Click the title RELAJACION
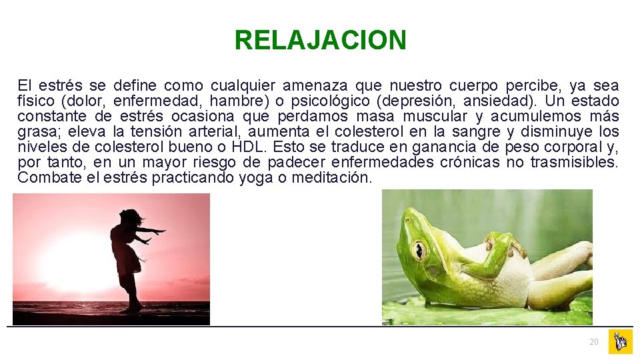click(x=320, y=41)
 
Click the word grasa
click(x=38, y=132)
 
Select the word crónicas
click(x=469, y=163)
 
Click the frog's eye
click(x=419, y=249)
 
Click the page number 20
click(x=593, y=342)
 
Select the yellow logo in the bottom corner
click(x=620, y=341)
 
